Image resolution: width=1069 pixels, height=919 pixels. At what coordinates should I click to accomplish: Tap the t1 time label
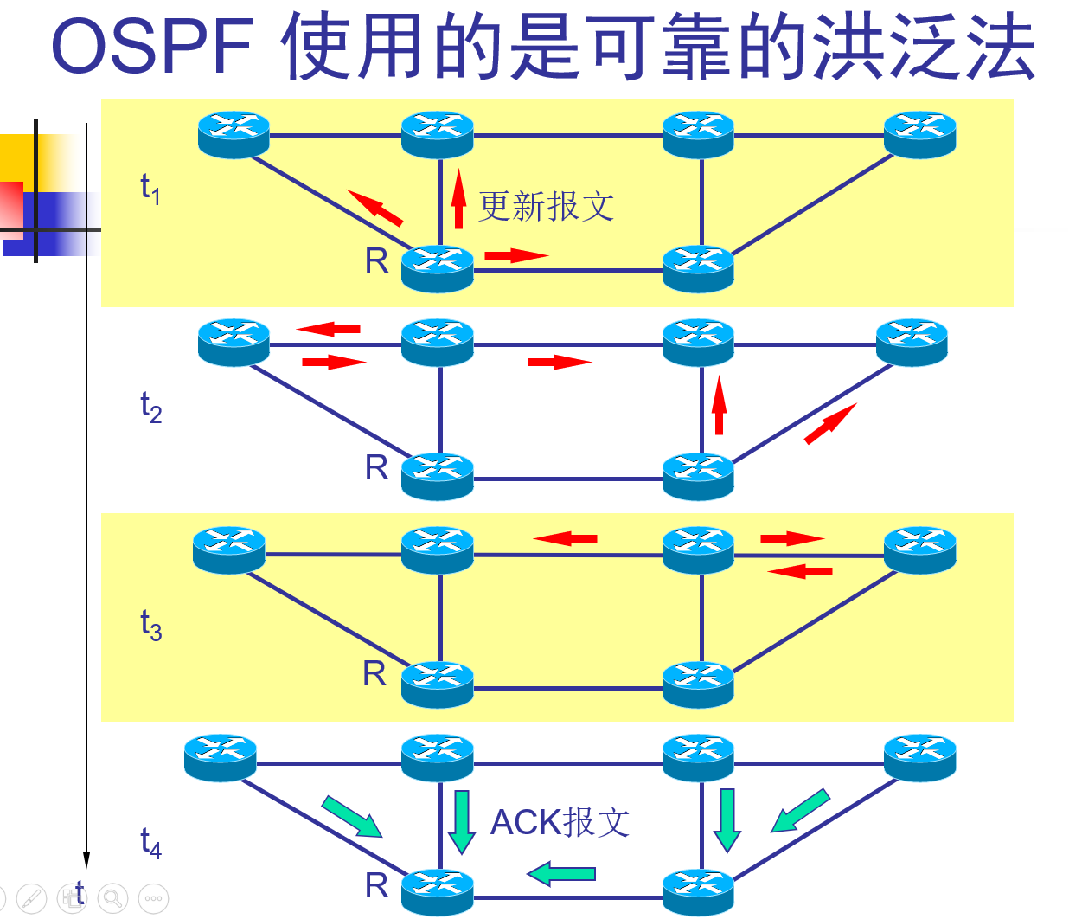coord(150,188)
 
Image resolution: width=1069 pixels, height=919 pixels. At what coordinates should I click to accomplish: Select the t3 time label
coord(150,624)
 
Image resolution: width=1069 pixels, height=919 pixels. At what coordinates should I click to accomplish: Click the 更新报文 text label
coord(547,207)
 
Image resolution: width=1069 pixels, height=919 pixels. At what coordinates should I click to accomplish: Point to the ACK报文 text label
coord(560,822)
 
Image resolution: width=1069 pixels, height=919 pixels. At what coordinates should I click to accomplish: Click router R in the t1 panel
coord(438,267)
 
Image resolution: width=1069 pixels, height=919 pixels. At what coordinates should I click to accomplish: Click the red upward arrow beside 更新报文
coord(459,200)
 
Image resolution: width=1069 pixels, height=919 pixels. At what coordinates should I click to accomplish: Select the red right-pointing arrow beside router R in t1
coord(516,255)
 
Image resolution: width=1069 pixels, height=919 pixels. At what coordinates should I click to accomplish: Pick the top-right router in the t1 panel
coord(919,134)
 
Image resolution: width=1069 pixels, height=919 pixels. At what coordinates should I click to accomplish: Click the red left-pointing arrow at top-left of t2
coord(329,329)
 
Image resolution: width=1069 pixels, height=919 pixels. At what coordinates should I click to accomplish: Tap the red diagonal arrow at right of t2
coord(830,424)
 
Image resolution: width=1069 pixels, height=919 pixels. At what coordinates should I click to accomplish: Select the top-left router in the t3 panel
coord(228,549)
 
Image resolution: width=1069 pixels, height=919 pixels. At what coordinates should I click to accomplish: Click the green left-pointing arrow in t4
coord(561,873)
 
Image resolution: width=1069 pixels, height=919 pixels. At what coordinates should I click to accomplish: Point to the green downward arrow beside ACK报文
coord(462,821)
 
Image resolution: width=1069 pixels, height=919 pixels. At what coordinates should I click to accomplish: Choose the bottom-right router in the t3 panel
coord(698,684)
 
